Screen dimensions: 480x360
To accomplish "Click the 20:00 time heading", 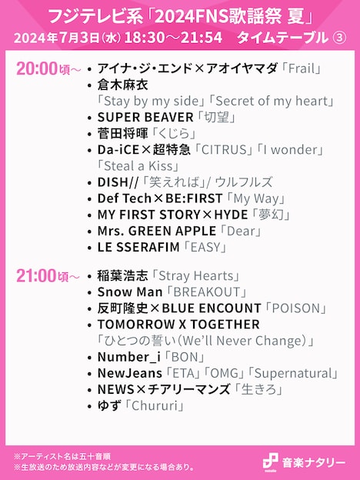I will (37, 69).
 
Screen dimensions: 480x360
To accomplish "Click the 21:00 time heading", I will (37, 275).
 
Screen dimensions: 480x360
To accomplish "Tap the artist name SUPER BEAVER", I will (145, 117).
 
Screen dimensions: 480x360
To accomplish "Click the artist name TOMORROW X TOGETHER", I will (168, 325).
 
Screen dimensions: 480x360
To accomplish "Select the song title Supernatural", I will (297, 373).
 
